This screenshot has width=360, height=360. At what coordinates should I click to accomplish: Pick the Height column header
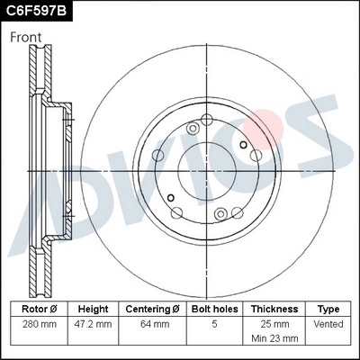(93, 308)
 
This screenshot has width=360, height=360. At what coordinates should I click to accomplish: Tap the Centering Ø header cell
(152, 308)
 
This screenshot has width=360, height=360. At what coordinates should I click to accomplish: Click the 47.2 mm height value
(93, 322)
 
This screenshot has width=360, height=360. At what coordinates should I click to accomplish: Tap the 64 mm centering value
(152, 322)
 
